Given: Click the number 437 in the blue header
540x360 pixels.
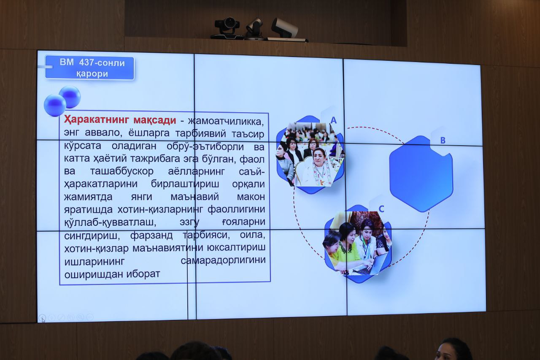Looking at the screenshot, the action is (86, 63).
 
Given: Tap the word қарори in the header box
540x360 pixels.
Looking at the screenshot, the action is (92, 74).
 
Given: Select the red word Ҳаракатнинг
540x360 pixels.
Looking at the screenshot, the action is (97, 120).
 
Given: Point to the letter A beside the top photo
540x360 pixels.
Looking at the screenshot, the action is (333, 120).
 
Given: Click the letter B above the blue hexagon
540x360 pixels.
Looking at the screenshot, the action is (443, 141).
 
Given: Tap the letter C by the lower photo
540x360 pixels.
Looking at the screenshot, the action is (381, 209).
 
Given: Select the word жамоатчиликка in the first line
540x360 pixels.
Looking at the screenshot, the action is (226, 121).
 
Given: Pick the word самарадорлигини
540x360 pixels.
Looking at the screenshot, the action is (223, 260).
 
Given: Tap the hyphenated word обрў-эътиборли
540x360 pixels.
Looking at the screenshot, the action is (205, 146).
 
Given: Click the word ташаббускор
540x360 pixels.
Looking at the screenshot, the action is (122, 171).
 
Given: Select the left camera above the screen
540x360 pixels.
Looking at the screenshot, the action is (227, 28).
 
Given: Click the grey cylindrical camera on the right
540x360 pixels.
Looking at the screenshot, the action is (285, 28).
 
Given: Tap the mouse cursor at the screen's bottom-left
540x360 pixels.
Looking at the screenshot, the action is (43, 320).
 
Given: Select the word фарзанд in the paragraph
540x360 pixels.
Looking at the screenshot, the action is (151, 235).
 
